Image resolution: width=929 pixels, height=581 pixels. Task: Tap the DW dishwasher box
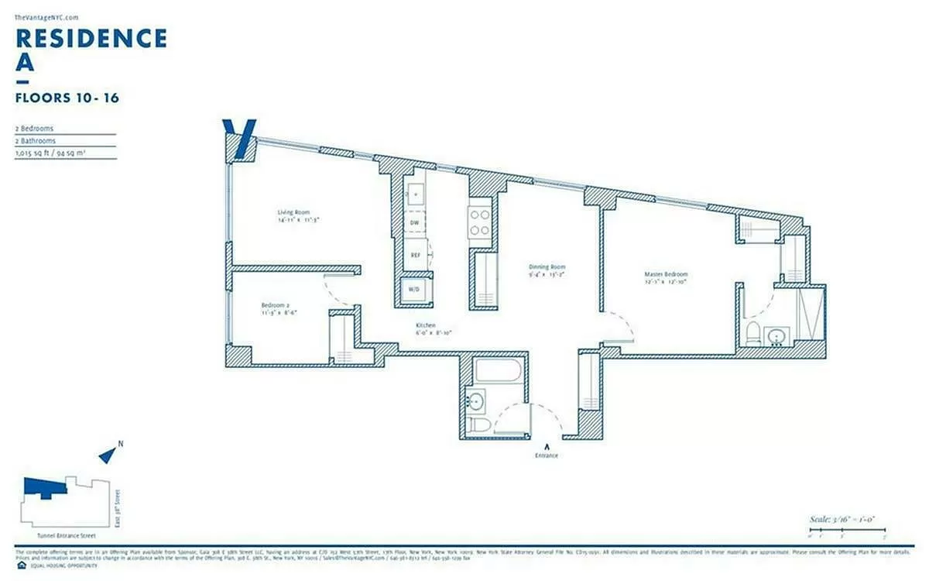415,222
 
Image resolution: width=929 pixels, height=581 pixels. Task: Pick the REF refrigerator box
415,254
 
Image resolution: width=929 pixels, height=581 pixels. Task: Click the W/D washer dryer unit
413,289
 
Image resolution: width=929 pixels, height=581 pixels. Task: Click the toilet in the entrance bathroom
479,425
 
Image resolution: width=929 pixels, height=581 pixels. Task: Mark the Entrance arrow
547,446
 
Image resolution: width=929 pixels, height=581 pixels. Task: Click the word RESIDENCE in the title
91,38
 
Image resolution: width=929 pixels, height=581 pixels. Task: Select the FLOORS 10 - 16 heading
67,98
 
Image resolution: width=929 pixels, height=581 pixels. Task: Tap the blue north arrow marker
107,455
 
